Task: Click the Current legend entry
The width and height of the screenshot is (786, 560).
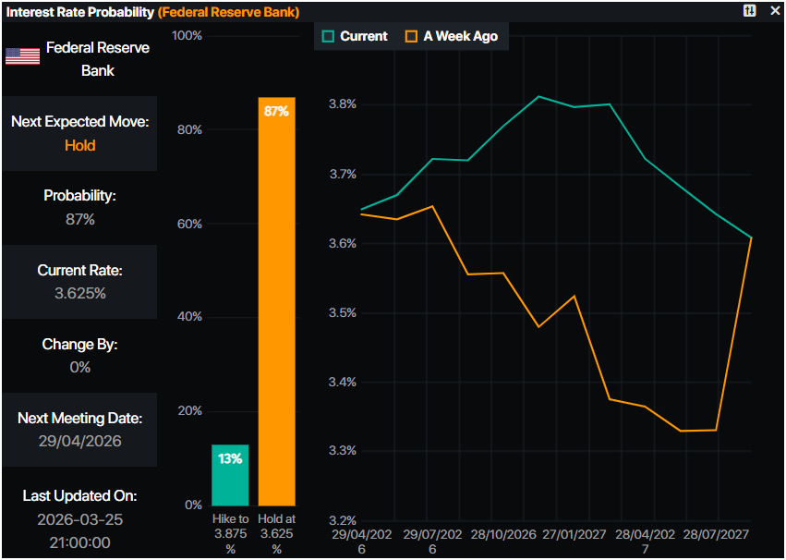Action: point(355,36)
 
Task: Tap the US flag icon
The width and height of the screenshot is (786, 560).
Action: point(22,55)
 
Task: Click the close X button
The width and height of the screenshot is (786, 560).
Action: point(775,11)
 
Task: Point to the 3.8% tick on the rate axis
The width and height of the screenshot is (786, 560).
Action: point(343,104)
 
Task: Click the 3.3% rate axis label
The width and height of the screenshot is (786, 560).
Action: point(343,451)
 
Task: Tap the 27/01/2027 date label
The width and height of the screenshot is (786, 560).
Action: point(574,535)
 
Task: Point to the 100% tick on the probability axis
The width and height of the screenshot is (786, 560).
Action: point(187,36)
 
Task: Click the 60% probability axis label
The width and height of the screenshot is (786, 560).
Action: point(188,224)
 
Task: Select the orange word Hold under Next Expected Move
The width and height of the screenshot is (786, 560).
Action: point(79,145)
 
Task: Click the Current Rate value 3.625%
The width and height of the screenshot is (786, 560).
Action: point(79,293)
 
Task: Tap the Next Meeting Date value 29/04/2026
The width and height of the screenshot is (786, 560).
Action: point(79,441)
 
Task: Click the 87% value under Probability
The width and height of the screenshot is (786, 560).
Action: point(79,219)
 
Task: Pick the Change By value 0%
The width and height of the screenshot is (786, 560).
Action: point(79,367)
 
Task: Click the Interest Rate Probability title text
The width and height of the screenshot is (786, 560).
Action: point(80,11)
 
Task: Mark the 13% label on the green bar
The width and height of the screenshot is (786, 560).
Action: point(230,458)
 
